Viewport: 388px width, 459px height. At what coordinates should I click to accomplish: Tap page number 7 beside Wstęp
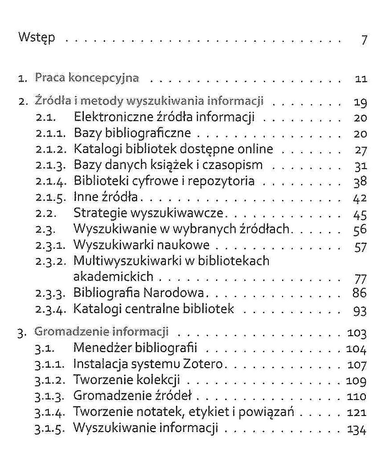click(x=364, y=40)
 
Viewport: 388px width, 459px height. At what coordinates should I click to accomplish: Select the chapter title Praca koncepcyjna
click(x=87, y=78)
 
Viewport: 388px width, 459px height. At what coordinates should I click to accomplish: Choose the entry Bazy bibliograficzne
click(x=132, y=133)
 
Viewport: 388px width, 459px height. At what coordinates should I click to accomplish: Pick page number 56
click(x=361, y=229)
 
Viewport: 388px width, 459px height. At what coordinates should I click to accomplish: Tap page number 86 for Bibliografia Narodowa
click(x=361, y=293)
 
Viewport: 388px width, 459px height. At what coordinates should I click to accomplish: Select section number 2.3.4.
click(x=51, y=309)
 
